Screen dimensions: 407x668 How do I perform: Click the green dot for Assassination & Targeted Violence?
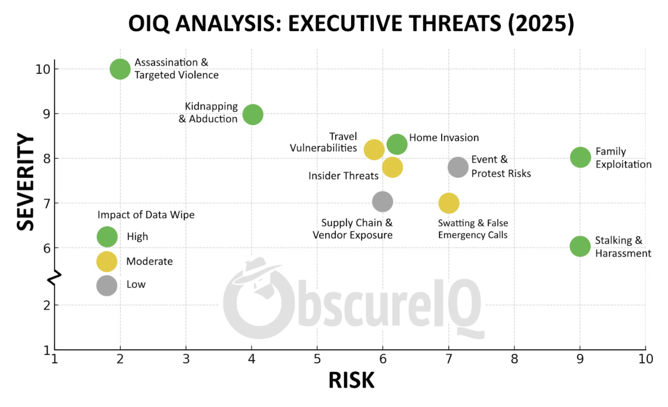coord(120,69)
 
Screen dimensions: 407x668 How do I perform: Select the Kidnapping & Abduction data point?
coord(253,114)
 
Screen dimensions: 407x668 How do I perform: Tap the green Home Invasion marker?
coord(397,144)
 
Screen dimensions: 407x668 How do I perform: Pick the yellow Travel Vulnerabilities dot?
coord(374,150)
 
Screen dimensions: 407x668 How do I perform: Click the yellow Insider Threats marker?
coord(392,167)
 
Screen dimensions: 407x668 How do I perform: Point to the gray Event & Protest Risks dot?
coord(458,167)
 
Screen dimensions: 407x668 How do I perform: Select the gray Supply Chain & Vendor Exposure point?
coord(383,202)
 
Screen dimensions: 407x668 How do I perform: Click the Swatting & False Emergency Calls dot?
coord(449,203)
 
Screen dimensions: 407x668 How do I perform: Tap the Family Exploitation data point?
coord(580,157)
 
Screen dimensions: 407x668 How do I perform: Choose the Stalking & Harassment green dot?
coord(580,246)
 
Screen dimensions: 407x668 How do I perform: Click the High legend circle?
coord(107,237)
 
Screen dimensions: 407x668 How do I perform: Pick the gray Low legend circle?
coord(107,285)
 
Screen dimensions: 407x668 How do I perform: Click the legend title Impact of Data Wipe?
coord(146,215)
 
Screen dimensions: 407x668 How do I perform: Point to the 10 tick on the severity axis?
coord(43,70)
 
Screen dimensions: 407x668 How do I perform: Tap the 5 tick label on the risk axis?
coord(317,359)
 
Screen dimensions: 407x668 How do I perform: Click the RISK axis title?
coord(351,380)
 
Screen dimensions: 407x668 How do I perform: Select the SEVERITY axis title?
coord(26,182)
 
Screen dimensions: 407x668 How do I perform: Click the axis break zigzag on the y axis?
coord(54,278)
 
